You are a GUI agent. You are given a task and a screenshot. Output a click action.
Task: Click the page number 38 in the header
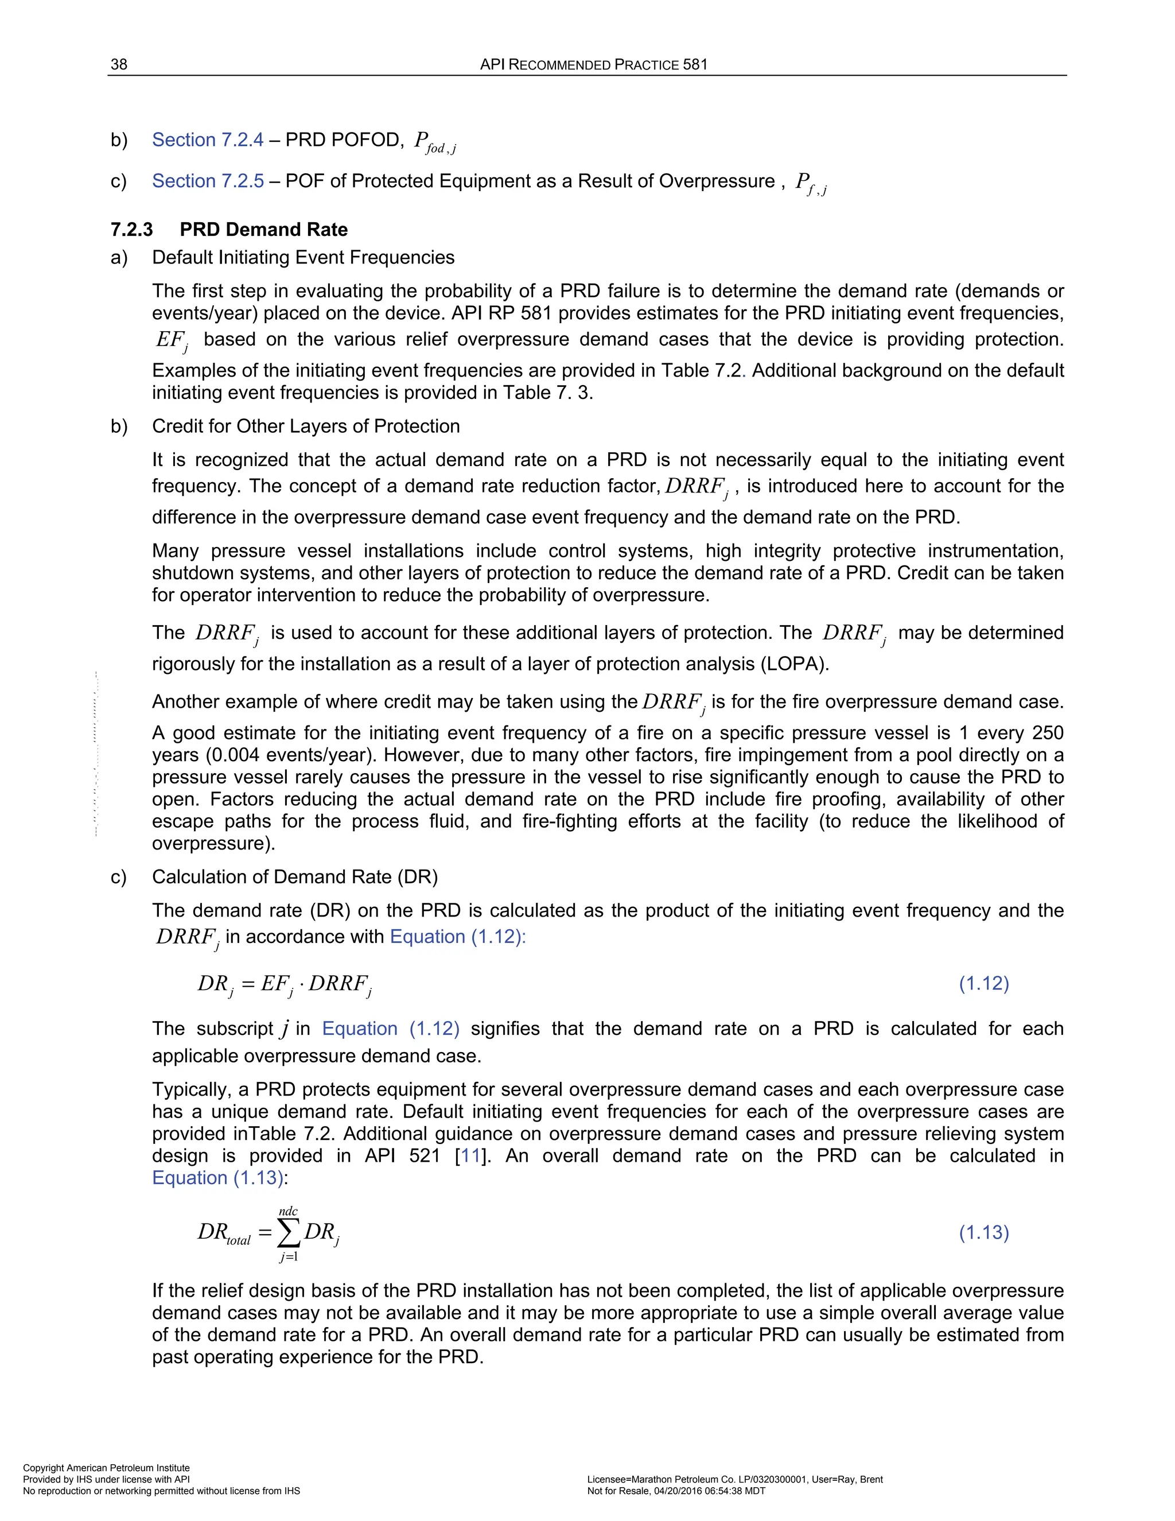coord(119,65)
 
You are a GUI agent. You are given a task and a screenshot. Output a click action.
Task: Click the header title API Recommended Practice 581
coord(593,65)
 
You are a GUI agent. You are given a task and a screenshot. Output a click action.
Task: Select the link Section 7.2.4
coord(208,140)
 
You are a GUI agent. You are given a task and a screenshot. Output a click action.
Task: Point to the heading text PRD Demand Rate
coord(263,230)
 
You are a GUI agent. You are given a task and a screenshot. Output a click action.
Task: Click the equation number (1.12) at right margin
coord(983,983)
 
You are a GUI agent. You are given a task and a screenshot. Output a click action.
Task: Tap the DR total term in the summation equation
coord(223,1233)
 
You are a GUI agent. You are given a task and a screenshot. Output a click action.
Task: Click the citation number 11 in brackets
coord(470,1156)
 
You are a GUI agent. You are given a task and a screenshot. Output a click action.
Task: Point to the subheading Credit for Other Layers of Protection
coord(306,426)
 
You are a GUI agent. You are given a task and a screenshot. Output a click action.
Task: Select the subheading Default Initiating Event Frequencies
coord(303,258)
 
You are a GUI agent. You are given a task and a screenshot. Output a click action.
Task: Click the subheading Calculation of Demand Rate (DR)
coord(294,877)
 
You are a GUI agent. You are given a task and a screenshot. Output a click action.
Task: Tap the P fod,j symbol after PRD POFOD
coord(434,142)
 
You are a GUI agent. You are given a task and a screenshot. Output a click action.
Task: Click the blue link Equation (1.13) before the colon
coord(217,1178)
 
